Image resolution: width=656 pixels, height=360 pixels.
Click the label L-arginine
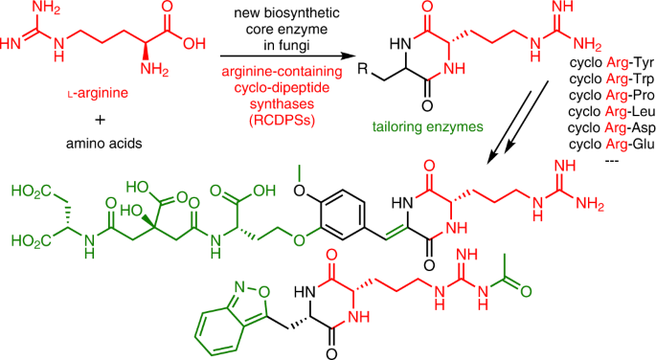98,93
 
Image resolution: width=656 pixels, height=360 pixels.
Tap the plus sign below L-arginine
100,120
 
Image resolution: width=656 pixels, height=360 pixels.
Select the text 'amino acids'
104,144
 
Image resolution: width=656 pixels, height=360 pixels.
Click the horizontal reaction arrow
285,56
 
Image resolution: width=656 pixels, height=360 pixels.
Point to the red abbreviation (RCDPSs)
282,120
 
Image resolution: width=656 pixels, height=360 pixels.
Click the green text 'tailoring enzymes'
427,126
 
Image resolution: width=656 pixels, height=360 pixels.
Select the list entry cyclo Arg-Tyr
612,63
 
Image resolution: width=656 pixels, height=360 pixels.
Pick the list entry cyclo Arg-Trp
612,79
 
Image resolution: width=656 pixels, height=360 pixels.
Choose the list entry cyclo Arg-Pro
612,96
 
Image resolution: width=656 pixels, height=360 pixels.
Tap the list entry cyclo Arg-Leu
612,112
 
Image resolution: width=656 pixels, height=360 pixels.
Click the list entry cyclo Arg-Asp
612,128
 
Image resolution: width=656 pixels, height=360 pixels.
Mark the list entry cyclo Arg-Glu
612,145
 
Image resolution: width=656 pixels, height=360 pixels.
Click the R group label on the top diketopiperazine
362,69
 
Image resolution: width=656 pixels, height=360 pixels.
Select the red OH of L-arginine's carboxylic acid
194,43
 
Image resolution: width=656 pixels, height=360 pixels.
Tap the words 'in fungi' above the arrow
286,45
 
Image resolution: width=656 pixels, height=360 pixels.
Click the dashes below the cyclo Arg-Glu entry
612,160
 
